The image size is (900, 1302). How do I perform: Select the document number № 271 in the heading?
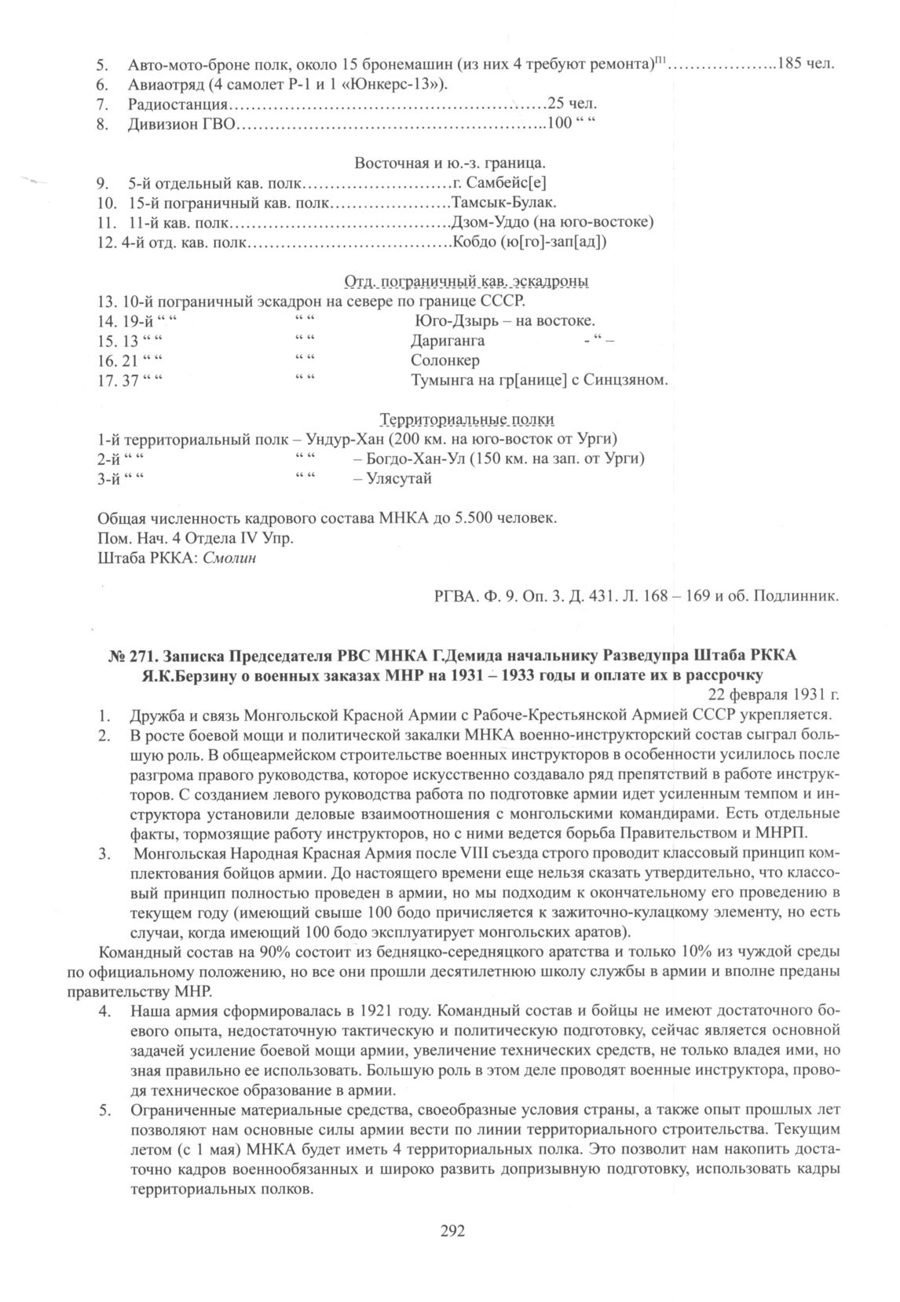click(126, 656)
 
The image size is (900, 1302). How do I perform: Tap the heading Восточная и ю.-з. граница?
click(450, 163)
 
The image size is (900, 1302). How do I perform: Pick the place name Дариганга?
click(448, 341)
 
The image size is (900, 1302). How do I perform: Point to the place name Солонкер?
click(445, 361)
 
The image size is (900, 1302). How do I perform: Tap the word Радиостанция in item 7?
click(177, 104)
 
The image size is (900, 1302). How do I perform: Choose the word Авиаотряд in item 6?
click(162, 84)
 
